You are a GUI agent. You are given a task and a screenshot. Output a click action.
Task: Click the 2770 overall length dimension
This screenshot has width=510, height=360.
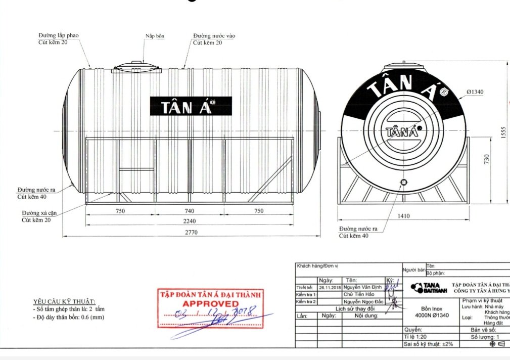pyautogui.click(x=191, y=233)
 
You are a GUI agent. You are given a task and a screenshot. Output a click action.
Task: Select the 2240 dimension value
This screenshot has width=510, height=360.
pyautogui.click(x=191, y=221)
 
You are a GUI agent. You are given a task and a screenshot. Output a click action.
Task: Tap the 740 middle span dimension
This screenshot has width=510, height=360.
pyautogui.click(x=190, y=211)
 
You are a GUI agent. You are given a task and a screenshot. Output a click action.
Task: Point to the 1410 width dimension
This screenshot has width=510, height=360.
pyautogui.click(x=403, y=216)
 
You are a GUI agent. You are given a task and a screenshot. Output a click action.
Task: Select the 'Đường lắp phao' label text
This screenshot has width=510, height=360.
pyautogui.click(x=59, y=36)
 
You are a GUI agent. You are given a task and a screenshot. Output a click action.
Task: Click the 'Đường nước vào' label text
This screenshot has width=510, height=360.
pyautogui.click(x=214, y=36)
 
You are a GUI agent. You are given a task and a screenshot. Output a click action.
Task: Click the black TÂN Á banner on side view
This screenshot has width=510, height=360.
pyautogui.click(x=191, y=106)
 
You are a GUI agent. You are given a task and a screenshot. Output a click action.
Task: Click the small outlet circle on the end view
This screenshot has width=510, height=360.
pyautogui.click(x=403, y=182)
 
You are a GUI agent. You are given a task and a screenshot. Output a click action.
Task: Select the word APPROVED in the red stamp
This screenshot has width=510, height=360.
pyautogui.click(x=211, y=303)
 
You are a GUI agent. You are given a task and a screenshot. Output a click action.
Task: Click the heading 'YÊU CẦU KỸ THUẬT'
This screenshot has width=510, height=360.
pyautogui.click(x=64, y=301)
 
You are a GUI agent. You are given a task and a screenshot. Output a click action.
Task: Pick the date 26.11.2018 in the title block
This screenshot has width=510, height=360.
pyautogui.click(x=330, y=287)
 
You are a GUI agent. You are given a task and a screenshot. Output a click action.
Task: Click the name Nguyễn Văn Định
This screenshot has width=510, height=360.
pyautogui.click(x=362, y=287)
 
